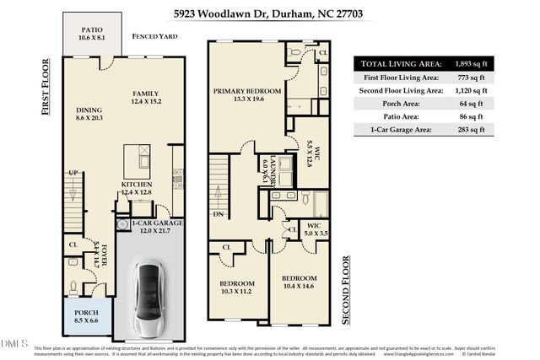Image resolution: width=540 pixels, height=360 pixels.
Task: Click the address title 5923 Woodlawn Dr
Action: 269,14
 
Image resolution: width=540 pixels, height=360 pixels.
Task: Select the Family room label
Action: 145,97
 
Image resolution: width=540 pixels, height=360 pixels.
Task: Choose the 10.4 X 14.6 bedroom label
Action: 299,282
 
